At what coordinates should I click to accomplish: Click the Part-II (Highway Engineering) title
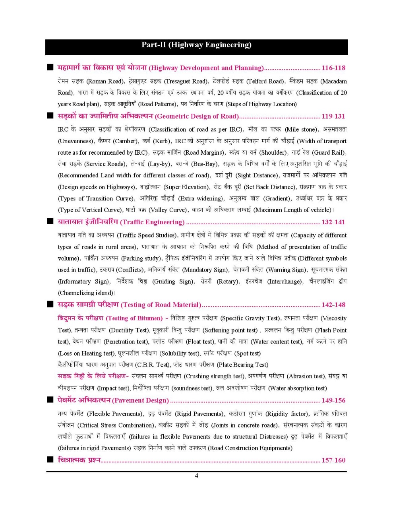pyautogui.click(x=196, y=45)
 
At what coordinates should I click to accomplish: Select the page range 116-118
pyautogui.click(x=333, y=68)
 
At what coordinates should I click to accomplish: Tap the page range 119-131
pyautogui.click(x=333, y=117)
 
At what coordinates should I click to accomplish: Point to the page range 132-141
pyautogui.click(x=333, y=222)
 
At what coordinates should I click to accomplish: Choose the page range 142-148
pyautogui.click(x=333, y=305)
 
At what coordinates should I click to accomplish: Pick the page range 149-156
pyautogui.click(x=333, y=400)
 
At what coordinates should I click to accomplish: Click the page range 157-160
pyautogui.click(x=333, y=460)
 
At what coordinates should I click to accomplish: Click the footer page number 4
pyautogui.click(x=196, y=476)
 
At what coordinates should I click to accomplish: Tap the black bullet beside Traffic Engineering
pyautogui.click(x=50, y=222)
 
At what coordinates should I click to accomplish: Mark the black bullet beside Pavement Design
pyautogui.click(x=50, y=400)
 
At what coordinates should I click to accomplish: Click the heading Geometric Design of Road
pyautogui.click(x=197, y=117)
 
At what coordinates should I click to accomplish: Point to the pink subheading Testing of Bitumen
pyautogui.click(x=135, y=318)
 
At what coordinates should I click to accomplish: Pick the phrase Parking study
pyautogui.click(x=141, y=258)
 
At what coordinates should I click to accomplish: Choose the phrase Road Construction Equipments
pyautogui.click(x=250, y=448)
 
